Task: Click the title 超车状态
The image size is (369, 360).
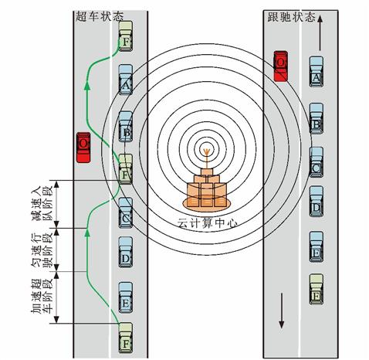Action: (x=100, y=16)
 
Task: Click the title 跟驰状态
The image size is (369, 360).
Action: (x=292, y=17)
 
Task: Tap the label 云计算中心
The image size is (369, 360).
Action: (x=208, y=222)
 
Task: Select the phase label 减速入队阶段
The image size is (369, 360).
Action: (x=42, y=204)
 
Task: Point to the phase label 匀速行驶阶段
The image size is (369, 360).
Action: (x=42, y=250)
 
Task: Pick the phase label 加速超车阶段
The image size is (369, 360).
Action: (x=42, y=296)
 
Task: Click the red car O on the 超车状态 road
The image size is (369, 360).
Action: (x=83, y=148)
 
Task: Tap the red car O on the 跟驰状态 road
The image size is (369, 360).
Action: (x=280, y=66)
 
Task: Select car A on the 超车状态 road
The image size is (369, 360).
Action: (x=126, y=80)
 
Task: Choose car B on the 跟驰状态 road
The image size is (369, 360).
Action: (x=317, y=118)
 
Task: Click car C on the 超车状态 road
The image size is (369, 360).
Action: (x=126, y=212)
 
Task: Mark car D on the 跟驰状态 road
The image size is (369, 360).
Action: (x=317, y=202)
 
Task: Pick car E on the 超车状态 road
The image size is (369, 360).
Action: (x=126, y=297)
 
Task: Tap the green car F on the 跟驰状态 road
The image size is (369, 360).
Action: (x=317, y=289)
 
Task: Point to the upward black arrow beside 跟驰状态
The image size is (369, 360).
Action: (x=320, y=32)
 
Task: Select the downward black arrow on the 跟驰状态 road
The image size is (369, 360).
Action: (x=282, y=311)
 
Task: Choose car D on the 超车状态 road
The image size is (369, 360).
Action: (x=126, y=252)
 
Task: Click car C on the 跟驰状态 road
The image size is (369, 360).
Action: (x=317, y=162)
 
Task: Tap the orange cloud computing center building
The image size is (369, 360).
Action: (x=206, y=188)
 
